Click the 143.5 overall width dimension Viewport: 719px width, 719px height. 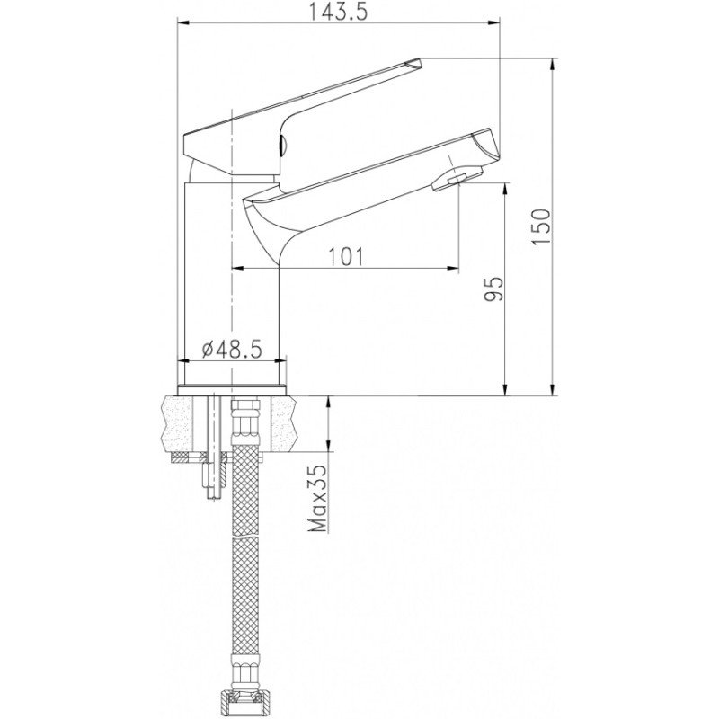click(x=338, y=12)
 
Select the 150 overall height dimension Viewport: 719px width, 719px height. click(x=541, y=226)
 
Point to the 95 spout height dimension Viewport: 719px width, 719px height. click(x=493, y=288)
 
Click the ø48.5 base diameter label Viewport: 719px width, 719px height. click(x=232, y=350)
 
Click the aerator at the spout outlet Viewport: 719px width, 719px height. click(x=457, y=178)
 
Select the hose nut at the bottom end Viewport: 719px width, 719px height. click(x=245, y=705)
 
